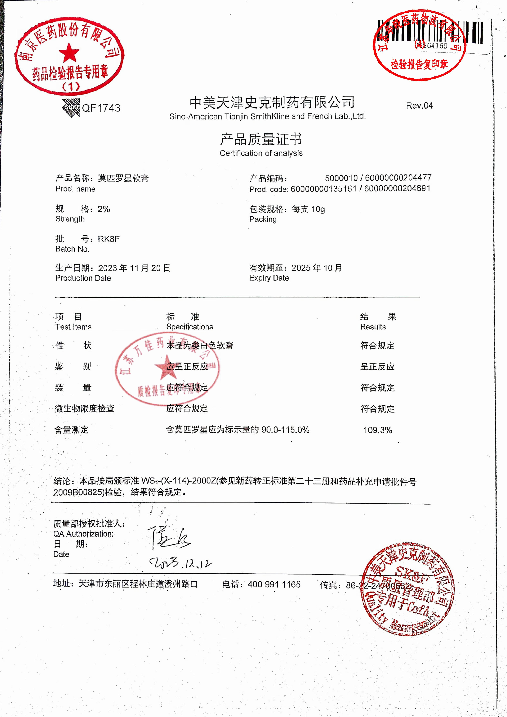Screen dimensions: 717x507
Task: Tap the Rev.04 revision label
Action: [419, 106]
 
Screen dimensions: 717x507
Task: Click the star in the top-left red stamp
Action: [69, 53]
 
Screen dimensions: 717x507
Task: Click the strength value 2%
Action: [104, 209]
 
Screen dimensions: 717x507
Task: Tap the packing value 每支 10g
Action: [308, 209]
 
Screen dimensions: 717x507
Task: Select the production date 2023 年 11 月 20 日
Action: [134, 268]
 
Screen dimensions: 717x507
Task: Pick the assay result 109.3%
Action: [377, 430]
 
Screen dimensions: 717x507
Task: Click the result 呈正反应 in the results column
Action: [377, 367]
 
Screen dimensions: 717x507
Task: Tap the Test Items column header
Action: [73, 327]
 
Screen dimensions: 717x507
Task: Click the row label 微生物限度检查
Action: [84, 408]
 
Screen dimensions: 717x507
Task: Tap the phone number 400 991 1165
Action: [274, 584]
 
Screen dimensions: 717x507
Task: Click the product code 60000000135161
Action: [323, 189]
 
